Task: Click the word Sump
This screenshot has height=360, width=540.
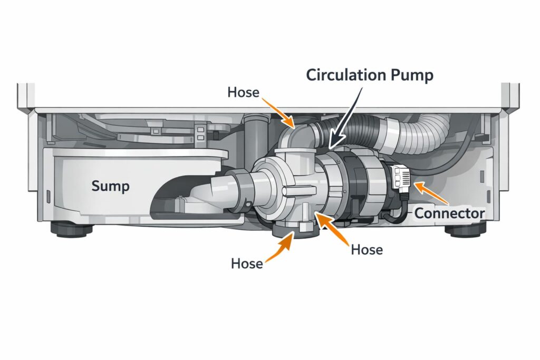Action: (x=110, y=186)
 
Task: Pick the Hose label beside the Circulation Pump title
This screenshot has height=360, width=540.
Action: (x=243, y=92)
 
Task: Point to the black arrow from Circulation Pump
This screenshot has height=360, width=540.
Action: (x=349, y=114)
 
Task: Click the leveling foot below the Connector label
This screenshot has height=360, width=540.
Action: (x=464, y=230)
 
